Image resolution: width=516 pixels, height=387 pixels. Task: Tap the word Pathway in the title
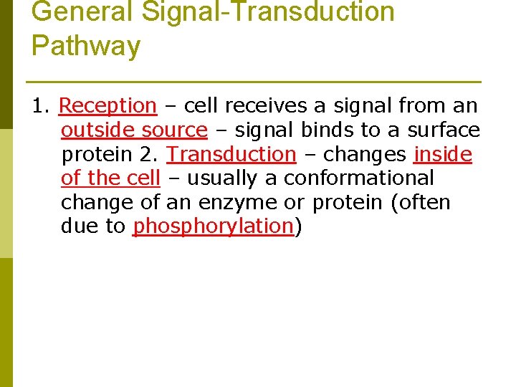[x=86, y=46]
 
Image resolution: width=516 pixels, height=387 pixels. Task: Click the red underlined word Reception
[x=107, y=106]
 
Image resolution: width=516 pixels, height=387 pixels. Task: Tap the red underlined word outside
[x=98, y=130]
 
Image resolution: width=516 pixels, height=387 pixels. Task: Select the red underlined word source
[x=174, y=130]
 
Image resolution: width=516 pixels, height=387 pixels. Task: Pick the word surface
[x=444, y=130]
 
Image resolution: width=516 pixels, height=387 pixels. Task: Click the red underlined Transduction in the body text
[x=231, y=154]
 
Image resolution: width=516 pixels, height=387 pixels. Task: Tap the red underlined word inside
[x=442, y=154]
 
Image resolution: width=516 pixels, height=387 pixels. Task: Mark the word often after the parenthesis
[x=424, y=202]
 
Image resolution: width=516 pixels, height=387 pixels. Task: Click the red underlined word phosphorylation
[x=214, y=226]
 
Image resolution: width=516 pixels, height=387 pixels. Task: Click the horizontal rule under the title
[x=252, y=81]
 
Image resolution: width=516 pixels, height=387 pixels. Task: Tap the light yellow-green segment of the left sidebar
[x=6, y=193]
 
